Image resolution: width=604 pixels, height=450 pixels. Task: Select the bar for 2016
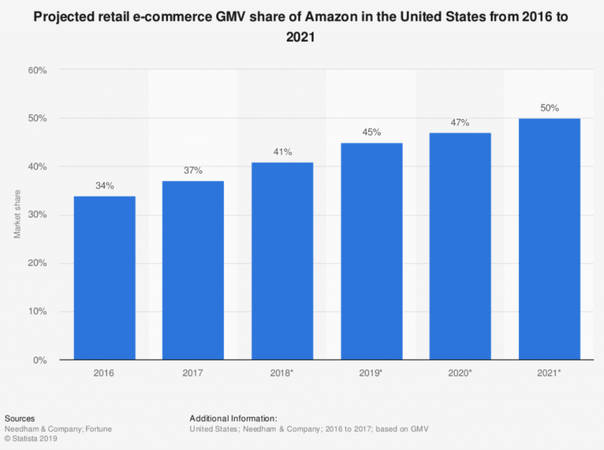click(x=104, y=278)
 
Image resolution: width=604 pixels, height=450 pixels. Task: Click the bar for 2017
click(x=193, y=270)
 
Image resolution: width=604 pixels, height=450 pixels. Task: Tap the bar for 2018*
click(x=283, y=260)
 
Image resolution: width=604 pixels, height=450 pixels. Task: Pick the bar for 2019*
click(x=372, y=251)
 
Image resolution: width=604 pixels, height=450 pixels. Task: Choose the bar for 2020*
click(x=460, y=246)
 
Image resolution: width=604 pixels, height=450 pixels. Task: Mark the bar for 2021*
click(x=549, y=239)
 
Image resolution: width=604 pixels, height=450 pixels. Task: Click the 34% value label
click(x=104, y=186)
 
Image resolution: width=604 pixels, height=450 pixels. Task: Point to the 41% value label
click(x=283, y=152)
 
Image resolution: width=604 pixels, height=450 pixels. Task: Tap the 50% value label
click(x=549, y=109)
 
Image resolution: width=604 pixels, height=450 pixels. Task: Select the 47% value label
click(x=460, y=123)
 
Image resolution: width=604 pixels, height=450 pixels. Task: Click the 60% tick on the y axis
click(x=37, y=70)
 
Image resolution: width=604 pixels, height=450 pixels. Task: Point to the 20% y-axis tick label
click(x=37, y=263)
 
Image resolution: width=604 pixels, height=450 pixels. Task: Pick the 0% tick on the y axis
click(x=39, y=360)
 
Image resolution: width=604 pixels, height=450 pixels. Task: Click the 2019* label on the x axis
click(x=372, y=374)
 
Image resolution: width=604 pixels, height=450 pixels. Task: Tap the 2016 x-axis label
click(x=104, y=374)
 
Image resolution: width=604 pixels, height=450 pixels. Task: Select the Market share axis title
click(x=18, y=215)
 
